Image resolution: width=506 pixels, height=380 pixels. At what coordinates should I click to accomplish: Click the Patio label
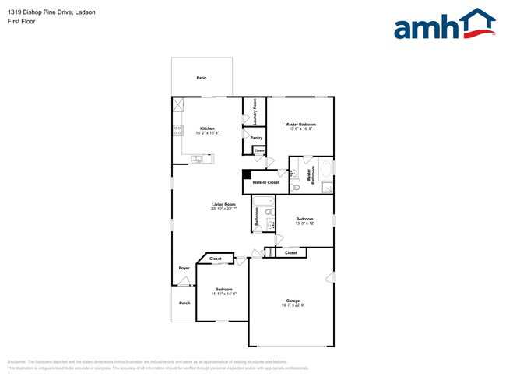click(201, 78)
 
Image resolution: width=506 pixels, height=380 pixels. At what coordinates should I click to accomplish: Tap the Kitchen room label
click(207, 128)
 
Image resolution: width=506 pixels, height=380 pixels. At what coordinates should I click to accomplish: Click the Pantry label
click(256, 138)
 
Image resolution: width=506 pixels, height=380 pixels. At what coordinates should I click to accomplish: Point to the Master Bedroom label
click(300, 125)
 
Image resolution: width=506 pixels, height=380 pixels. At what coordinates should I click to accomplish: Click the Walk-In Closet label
click(265, 182)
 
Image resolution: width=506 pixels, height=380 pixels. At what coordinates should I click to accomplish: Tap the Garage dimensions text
click(293, 305)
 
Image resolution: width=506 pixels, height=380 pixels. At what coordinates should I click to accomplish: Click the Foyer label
click(184, 268)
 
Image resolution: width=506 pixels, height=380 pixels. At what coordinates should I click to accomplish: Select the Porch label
click(184, 303)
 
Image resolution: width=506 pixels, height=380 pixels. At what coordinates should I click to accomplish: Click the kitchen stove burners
click(178, 130)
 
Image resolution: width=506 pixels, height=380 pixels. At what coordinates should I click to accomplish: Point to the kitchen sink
click(197, 159)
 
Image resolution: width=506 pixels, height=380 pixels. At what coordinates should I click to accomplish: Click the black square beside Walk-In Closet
click(247, 175)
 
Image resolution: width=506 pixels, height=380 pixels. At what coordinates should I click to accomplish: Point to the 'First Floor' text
click(21, 22)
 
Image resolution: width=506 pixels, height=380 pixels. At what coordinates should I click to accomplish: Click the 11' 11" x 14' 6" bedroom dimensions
click(223, 294)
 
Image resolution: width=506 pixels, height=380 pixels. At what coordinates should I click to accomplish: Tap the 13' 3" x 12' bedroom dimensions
click(304, 223)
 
